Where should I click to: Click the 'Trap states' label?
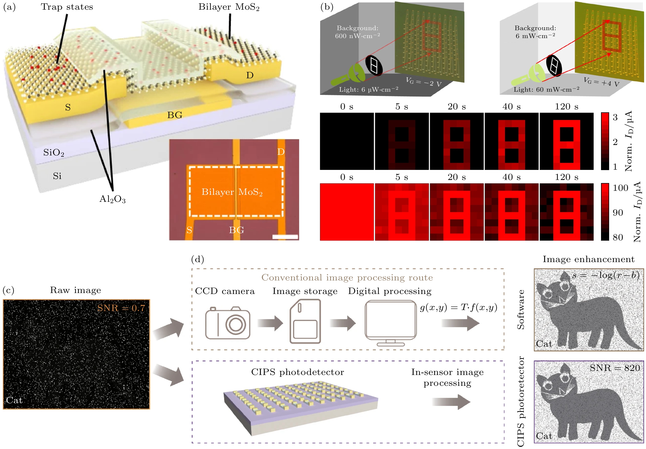point(67,7)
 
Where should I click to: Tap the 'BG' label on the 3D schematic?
point(175,115)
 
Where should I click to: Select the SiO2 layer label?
point(54,153)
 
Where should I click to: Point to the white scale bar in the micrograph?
point(285,237)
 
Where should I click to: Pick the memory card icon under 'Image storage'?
point(305,321)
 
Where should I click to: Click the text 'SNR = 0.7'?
point(121,308)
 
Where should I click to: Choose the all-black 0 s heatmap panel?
point(347,141)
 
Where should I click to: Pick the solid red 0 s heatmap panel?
point(347,212)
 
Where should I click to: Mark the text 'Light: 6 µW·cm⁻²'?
point(368,89)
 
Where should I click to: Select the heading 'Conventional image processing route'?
point(347,278)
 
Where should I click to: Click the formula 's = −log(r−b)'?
point(605,275)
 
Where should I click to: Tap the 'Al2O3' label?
point(112,199)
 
